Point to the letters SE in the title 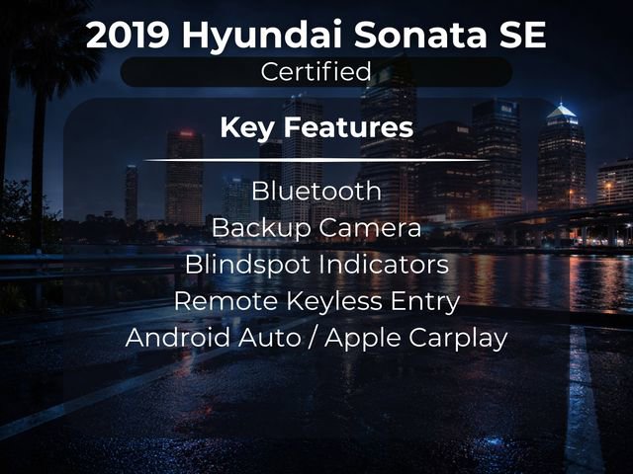pyautogui.click(x=520, y=35)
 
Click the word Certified pyautogui.click(x=316, y=71)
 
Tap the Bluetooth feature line pyautogui.click(x=316, y=191)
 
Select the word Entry pyautogui.click(x=426, y=302)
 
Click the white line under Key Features pyautogui.click(x=316, y=159)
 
